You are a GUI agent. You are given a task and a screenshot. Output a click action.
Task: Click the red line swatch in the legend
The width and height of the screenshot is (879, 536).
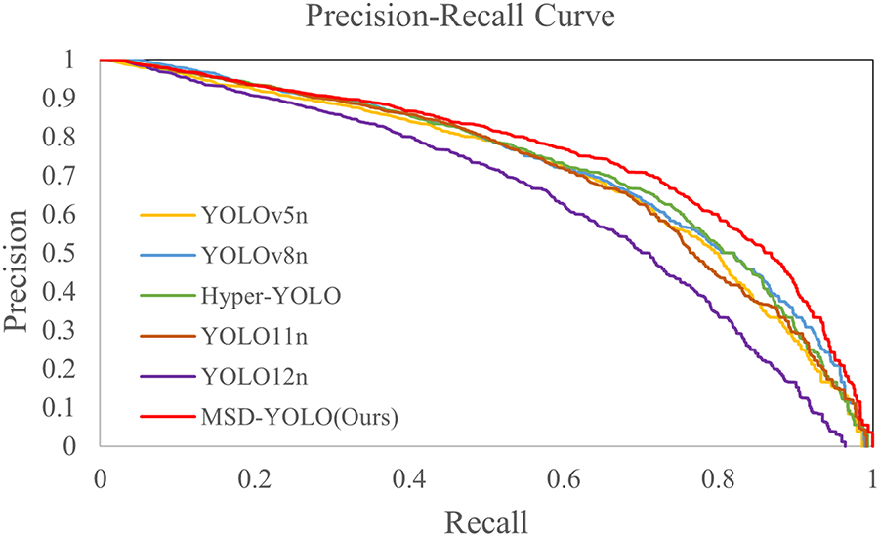click(x=164, y=417)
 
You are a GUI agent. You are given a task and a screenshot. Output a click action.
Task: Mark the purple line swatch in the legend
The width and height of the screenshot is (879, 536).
click(x=164, y=376)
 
